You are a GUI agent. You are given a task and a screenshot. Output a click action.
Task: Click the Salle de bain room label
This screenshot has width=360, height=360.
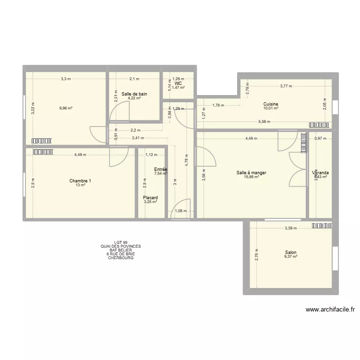point(134,94)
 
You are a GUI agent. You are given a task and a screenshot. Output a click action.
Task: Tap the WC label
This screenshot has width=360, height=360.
point(178,83)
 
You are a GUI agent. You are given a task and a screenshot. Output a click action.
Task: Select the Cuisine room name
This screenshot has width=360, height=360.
point(271,104)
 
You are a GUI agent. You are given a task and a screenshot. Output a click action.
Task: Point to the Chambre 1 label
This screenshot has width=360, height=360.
point(80,181)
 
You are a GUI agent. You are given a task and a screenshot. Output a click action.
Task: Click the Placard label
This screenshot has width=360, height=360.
point(150,198)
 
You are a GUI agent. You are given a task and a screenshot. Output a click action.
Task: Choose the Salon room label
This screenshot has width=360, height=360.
point(290,252)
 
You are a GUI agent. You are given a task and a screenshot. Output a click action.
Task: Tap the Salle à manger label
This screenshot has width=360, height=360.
point(251,173)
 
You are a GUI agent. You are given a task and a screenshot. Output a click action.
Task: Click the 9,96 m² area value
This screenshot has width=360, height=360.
point(66,108)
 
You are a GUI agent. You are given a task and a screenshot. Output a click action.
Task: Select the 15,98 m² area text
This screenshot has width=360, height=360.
point(251,177)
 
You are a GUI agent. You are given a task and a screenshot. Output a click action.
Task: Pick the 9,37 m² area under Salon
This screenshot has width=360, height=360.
point(290,257)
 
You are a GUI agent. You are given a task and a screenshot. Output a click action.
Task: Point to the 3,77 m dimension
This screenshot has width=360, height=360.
point(287,87)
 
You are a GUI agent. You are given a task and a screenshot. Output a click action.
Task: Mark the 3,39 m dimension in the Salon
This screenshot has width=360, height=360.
point(291,228)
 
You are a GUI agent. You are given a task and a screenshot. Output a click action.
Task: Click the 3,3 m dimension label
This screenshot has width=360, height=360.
point(65,79)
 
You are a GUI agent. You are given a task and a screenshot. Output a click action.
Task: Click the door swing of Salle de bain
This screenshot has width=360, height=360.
point(115,114)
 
